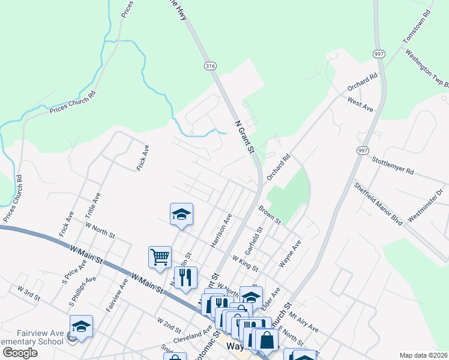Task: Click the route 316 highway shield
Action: [209, 65]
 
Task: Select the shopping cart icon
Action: [160, 257]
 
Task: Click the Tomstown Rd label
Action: [417, 26]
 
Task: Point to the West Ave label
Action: [360, 104]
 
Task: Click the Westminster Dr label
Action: [425, 204]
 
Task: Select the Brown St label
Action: [270, 215]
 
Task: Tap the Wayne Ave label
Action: [289, 254]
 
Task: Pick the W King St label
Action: [245, 262]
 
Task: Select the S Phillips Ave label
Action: [83, 292]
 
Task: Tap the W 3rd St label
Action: [29, 293]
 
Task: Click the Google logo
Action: [20, 353]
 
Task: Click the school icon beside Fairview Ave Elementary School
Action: [81, 326]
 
